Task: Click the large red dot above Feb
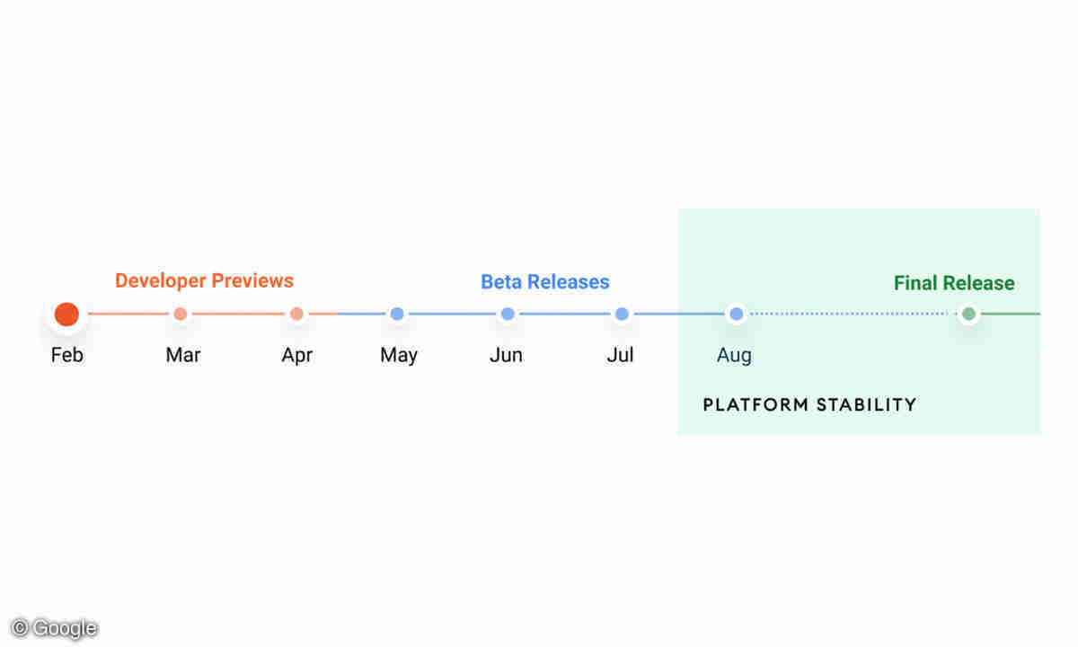pyautogui.click(x=66, y=315)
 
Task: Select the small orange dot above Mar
pyautogui.click(x=181, y=314)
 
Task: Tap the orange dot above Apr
pyautogui.click(x=297, y=314)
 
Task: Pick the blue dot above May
pyautogui.click(x=397, y=314)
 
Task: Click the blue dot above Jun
pyautogui.click(x=508, y=314)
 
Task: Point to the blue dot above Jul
pyautogui.click(x=622, y=314)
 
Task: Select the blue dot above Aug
pyautogui.click(x=737, y=314)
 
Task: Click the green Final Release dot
pyautogui.click(x=968, y=314)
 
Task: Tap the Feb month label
pyautogui.click(x=66, y=355)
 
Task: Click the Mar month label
pyautogui.click(x=183, y=355)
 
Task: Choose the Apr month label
pyautogui.click(x=297, y=356)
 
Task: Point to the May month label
pyautogui.click(x=399, y=356)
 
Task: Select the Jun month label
pyautogui.click(x=507, y=355)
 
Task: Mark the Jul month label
pyautogui.click(x=620, y=355)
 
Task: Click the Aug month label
pyautogui.click(x=735, y=356)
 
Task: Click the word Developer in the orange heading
pyautogui.click(x=160, y=281)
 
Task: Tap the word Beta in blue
pyautogui.click(x=501, y=281)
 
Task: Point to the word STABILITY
pyautogui.click(x=867, y=405)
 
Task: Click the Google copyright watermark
pyautogui.click(x=55, y=628)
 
